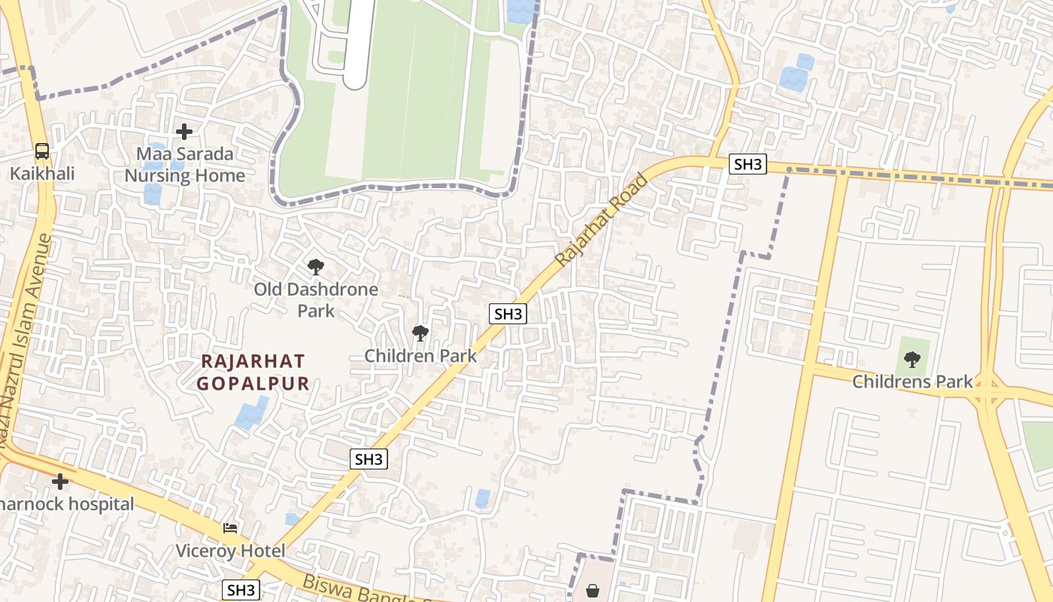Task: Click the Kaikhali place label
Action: pyautogui.click(x=42, y=174)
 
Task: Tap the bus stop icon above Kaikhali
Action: pyautogui.click(x=42, y=151)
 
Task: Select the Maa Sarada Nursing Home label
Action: pyautogui.click(x=184, y=165)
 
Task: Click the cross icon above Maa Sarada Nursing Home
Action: pyautogui.click(x=184, y=132)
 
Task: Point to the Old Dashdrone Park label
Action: pyautogui.click(x=316, y=299)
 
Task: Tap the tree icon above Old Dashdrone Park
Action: pyautogui.click(x=316, y=266)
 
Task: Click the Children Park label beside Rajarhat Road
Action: pyautogui.click(x=420, y=355)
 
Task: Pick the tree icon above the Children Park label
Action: pyautogui.click(x=420, y=333)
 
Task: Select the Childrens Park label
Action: pyautogui.click(x=912, y=382)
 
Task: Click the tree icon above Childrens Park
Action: pyautogui.click(x=912, y=359)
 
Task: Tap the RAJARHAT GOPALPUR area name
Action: pyautogui.click(x=253, y=372)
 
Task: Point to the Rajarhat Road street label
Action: pyautogui.click(x=602, y=219)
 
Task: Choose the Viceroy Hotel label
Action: pyautogui.click(x=230, y=551)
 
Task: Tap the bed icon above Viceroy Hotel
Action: pyautogui.click(x=230, y=528)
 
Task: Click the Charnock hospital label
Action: pyautogui.click(x=68, y=503)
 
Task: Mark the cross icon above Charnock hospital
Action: pyautogui.click(x=60, y=481)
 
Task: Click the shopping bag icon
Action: pyautogui.click(x=593, y=591)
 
